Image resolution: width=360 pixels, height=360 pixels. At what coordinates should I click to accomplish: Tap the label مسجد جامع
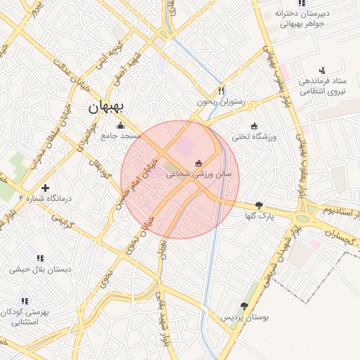coord(121,135)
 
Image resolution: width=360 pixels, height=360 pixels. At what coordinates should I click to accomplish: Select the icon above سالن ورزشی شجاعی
coord(198,163)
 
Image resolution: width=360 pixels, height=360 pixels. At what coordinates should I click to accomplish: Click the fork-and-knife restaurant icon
coord(221,90)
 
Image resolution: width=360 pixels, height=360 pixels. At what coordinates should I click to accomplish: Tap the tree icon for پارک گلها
coord(259,205)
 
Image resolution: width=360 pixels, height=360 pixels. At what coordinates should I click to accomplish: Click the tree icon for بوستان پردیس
coord(244,306)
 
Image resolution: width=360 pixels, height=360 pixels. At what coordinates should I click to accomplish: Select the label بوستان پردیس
coord(245,318)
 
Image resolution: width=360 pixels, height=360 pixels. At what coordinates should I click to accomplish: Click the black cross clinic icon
coord(46,188)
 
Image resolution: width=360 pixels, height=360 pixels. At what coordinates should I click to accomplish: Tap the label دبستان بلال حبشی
coord(39,269)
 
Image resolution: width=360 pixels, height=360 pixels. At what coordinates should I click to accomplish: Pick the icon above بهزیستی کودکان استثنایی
coord(25,300)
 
